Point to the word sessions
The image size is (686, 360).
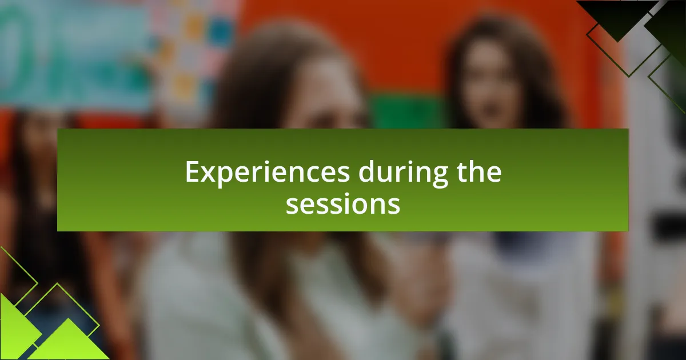click(342, 204)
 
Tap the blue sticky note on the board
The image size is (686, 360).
click(220, 32)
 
